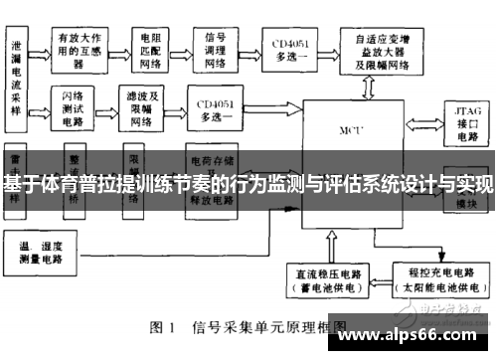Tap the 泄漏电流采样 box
[x=17, y=74]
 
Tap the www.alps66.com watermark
[x=417, y=334]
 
